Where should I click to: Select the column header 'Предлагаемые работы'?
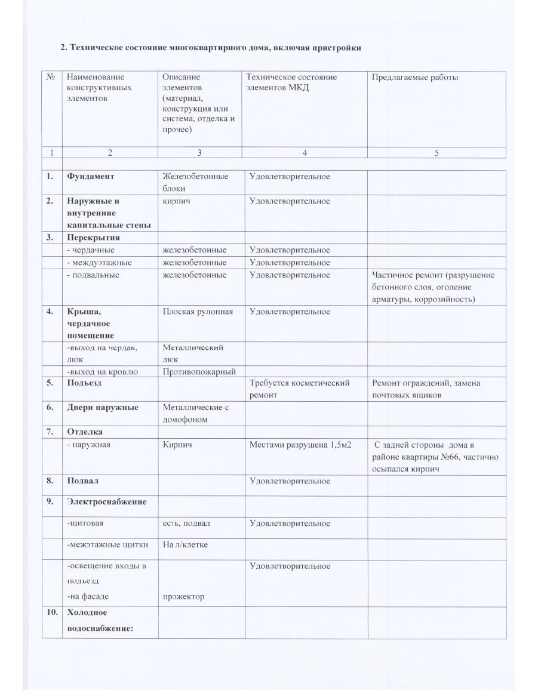[415, 78]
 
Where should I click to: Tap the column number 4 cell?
[305, 153]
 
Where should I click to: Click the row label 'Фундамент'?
[90, 177]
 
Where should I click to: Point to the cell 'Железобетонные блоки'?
[195, 182]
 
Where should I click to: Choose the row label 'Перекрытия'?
[94, 238]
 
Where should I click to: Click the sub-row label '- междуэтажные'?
[99, 263]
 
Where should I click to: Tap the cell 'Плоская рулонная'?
[198, 312]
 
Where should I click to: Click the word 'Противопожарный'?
[199, 372]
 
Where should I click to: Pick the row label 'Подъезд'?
[84, 383]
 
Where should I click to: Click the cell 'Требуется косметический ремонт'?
[299, 389]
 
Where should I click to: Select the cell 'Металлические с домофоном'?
[195, 413]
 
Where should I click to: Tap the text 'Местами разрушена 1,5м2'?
[303, 445]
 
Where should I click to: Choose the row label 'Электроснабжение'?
[106, 501]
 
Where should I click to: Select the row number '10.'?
[52, 612]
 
